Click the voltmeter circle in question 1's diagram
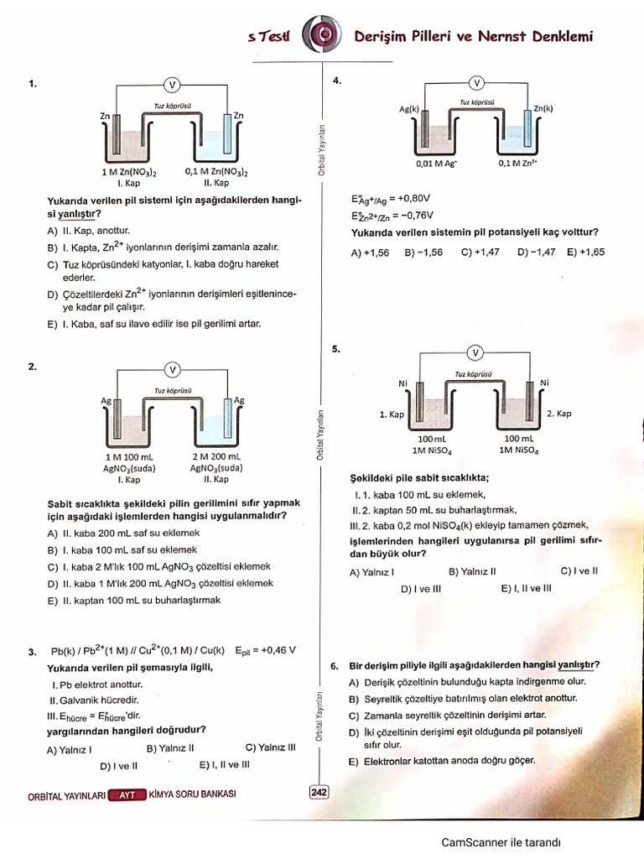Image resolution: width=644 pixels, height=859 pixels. pos(172,85)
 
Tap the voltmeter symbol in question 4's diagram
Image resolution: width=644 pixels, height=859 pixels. pos(476,83)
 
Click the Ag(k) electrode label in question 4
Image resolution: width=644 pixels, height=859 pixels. pos(410,108)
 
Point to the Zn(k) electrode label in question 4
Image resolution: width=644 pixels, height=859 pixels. pos(543,108)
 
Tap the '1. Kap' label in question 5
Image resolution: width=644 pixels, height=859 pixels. pos(392,414)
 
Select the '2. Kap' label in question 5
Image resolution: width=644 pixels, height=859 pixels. pos(558,414)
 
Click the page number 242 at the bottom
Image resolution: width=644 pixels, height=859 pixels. pos(319,791)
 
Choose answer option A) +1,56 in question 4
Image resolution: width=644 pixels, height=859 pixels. pos(371,252)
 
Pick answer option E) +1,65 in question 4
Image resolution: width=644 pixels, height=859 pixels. pos(585,252)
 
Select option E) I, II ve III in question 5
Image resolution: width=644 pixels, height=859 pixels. pos(526,589)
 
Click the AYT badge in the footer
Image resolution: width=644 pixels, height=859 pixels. pos(127,794)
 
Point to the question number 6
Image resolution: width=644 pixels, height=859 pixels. pos(335,667)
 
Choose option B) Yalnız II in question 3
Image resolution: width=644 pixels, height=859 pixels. pos(170,748)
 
